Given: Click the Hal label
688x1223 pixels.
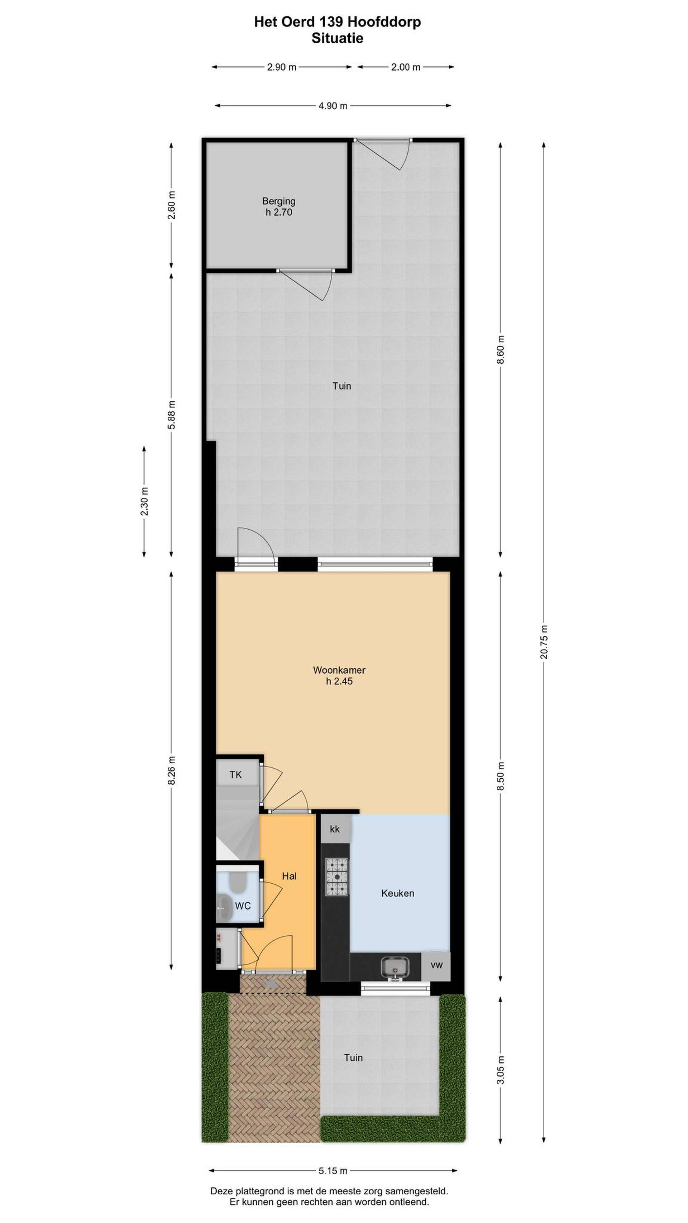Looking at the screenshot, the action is click(x=289, y=876).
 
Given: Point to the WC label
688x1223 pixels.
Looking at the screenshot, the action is click(x=242, y=906).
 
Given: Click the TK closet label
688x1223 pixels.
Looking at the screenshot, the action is click(x=235, y=775).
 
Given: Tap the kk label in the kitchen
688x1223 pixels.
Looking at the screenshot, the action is click(x=334, y=829).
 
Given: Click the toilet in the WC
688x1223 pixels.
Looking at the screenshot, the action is click(x=236, y=883).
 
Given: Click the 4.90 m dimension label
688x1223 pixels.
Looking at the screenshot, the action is click(x=333, y=106).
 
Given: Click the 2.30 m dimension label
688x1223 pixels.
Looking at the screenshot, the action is click(x=144, y=501).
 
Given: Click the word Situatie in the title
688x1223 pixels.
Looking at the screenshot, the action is click(x=337, y=38).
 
